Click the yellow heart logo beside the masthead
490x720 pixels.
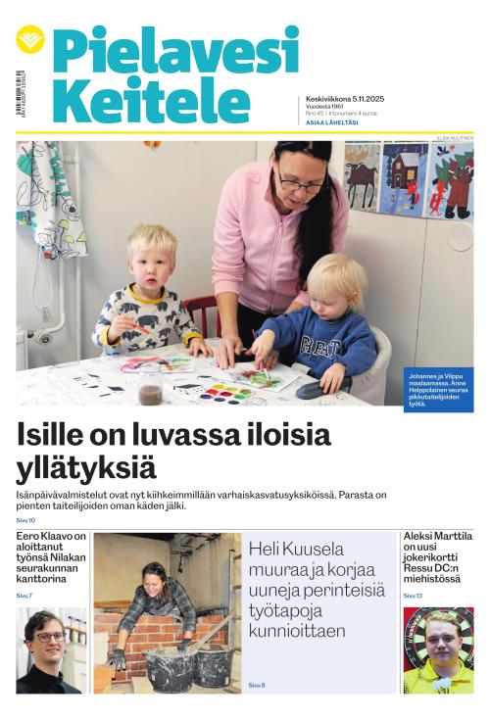pyautogui.click(x=30, y=39)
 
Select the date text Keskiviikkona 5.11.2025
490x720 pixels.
pyautogui.click(x=342, y=99)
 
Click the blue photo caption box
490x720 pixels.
pyautogui.click(x=437, y=389)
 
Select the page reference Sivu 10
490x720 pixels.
pyautogui.click(x=25, y=520)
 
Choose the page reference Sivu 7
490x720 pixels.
pyautogui.click(x=24, y=596)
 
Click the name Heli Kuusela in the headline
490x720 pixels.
pyautogui.click(x=295, y=549)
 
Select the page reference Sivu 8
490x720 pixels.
pyautogui.click(x=257, y=685)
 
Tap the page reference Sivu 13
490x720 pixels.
pyautogui.click(x=413, y=596)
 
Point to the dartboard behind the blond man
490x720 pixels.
pyautogui.click(x=438, y=637)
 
